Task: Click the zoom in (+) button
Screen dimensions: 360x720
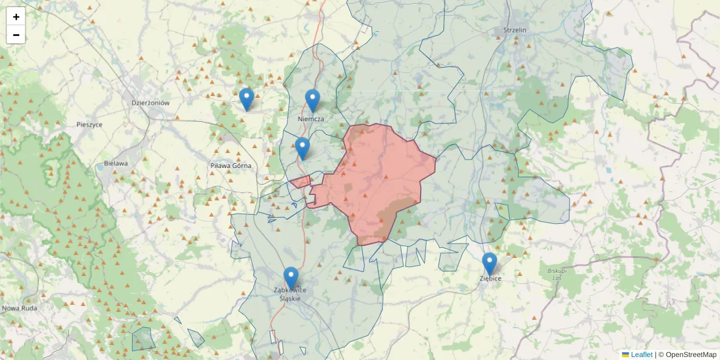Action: (16, 17)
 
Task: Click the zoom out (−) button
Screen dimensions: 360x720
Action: (16, 35)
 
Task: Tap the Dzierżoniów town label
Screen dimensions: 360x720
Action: (151, 103)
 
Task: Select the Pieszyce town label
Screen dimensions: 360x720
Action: (89, 125)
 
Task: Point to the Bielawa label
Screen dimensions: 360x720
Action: (116, 163)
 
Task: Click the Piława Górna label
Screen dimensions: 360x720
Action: (230, 166)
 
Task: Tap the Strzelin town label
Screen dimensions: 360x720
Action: (515, 30)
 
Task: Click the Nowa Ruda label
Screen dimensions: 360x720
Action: (20, 308)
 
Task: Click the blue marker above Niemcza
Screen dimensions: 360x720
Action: (312, 100)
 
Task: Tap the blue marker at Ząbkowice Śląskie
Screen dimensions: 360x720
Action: (291, 278)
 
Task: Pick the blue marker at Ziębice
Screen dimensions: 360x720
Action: (490, 263)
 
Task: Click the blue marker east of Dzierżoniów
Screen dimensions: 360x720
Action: (246, 99)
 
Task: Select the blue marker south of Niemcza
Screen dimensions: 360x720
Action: (302, 148)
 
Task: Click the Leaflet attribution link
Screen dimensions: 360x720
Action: (641, 355)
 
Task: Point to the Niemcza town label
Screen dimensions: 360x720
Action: (311, 119)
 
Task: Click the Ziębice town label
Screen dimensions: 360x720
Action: (490, 279)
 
